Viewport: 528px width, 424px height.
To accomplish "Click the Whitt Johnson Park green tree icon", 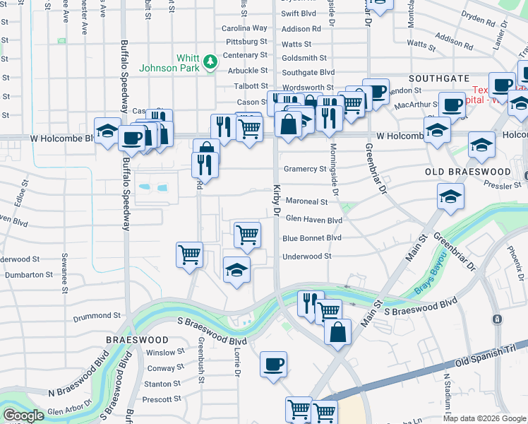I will tap(210, 63).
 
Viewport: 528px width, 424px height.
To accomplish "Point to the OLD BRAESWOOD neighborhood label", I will tap(468, 172).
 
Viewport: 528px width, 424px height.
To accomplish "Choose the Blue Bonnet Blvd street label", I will tap(311, 238).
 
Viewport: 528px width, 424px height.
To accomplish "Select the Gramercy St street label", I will tap(304, 169).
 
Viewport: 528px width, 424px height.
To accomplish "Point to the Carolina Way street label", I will tap(245, 28).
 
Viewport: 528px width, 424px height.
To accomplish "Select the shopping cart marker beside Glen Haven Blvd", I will tap(247, 233).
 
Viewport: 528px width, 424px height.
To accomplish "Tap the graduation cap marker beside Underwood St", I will tap(236, 269).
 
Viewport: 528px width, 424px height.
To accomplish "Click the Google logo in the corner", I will tap(23, 416).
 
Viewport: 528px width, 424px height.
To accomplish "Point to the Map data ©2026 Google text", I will tap(484, 418).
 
